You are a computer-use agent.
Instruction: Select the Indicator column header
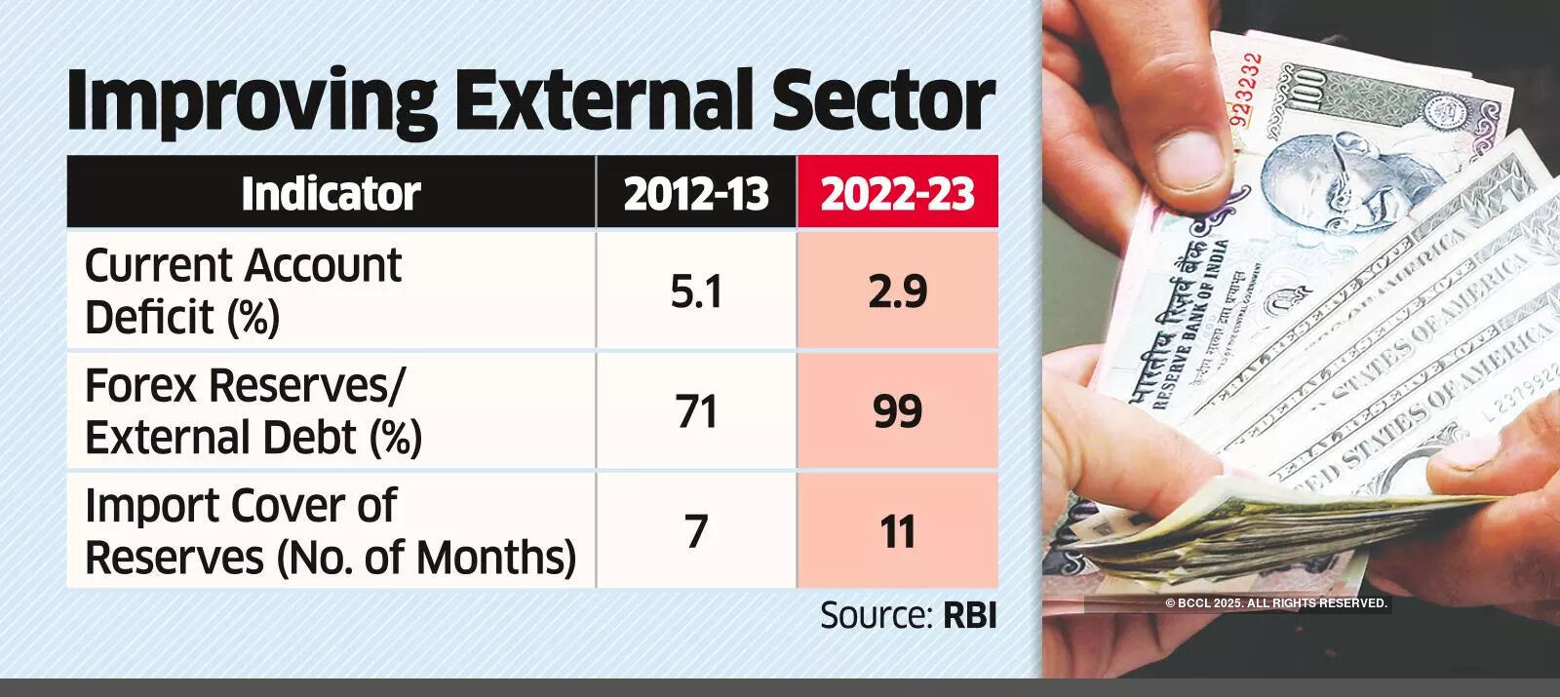[x=331, y=193]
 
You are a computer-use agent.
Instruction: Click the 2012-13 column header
[x=696, y=193]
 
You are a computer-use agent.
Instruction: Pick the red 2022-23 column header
[x=898, y=193]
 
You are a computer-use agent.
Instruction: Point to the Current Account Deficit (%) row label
[x=243, y=290]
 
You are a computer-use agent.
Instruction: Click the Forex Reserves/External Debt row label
[x=253, y=410]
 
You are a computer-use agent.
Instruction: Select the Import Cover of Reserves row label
[x=330, y=531]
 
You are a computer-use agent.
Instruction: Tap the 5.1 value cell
[x=696, y=290]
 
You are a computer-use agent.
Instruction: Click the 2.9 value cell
[x=898, y=290]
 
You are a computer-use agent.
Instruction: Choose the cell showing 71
[x=696, y=410]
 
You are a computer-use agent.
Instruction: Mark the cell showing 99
[x=898, y=410]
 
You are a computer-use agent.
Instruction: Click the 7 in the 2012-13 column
[x=696, y=531]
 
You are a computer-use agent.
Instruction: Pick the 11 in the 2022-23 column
[x=898, y=531]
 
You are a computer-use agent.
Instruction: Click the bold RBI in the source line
[x=970, y=615]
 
